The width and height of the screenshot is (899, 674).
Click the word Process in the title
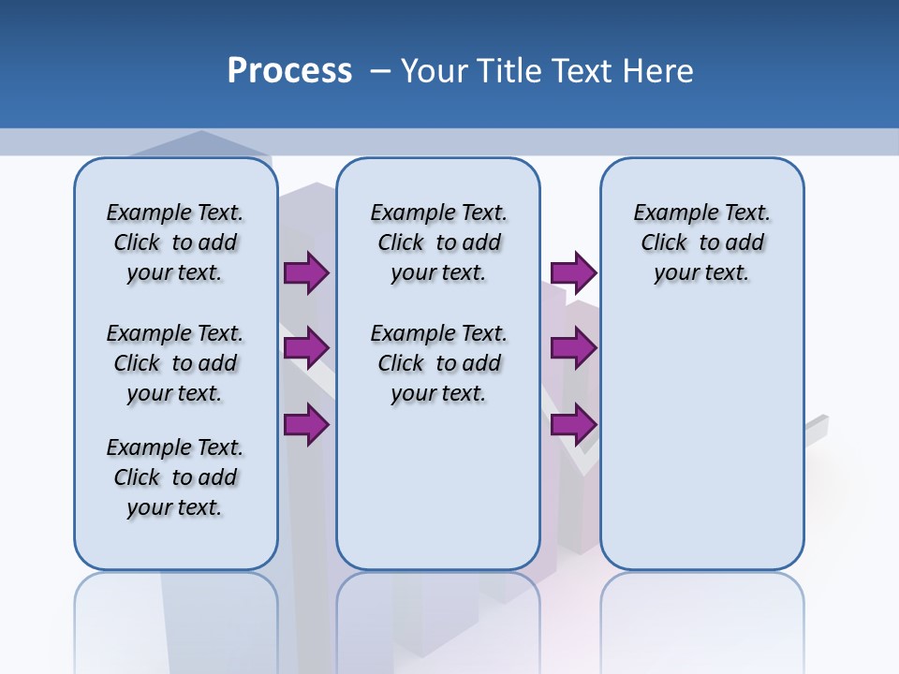click(289, 71)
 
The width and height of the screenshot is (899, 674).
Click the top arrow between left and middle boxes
click(306, 273)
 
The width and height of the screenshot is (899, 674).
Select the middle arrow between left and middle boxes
click(306, 349)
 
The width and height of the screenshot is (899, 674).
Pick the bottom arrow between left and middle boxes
click(306, 424)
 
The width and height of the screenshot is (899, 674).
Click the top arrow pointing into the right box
click(573, 273)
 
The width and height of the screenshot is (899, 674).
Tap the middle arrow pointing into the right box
click(573, 349)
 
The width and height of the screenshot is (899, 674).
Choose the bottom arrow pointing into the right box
click(573, 424)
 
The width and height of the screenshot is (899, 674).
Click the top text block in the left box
click(175, 242)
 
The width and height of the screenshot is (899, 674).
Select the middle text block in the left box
click(175, 363)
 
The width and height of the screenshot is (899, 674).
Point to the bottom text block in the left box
click(175, 477)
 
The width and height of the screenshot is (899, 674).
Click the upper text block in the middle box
click(438, 242)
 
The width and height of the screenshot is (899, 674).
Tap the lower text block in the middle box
click(438, 363)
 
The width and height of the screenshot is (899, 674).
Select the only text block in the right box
click(701, 242)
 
